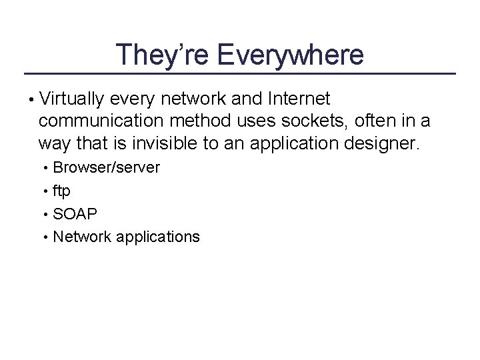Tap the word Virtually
click(72, 100)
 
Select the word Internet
click(299, 100)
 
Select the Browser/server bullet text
click(107, 168)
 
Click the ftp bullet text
click(61, 191)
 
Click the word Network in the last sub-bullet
click(82, 237)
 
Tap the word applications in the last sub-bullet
click(158, 237)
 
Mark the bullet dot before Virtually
click(32, 101)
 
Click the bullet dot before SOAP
click(46, 215)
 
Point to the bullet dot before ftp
click(46, 191)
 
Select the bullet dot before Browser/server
click(46, 168)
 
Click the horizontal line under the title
click(240, 73)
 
